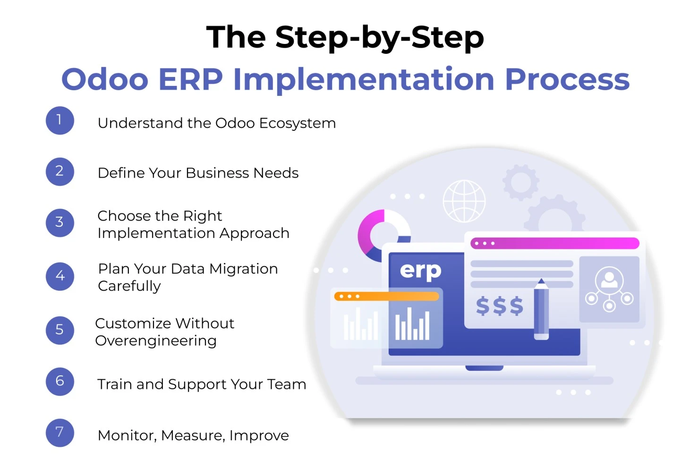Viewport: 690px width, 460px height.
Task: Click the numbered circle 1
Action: tap(60, 120)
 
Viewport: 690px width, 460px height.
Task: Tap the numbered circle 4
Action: tap(60, 276)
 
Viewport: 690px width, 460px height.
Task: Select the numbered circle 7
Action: tap(60, 432)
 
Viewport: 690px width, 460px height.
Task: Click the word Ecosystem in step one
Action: tap(297, 123)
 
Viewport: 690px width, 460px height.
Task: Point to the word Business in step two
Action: tap(217, 173)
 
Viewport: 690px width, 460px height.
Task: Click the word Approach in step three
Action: tap(254, 233)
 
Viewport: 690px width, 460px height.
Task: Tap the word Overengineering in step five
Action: tap(156, 341)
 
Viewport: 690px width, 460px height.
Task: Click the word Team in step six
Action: tap(287, 384)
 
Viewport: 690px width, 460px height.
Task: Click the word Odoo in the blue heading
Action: tap(105, 79)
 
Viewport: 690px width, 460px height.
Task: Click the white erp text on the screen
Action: tap(420, 271)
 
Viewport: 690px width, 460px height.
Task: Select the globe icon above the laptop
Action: tap(464, 201)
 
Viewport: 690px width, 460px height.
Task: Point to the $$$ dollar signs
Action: tap(499, 306)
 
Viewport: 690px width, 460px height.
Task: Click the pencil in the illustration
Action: tap(541, 309)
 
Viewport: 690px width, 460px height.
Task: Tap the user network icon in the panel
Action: tap(609, 289)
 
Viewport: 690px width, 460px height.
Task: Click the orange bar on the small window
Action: tap(386, 297)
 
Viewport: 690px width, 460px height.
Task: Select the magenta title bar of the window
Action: tap(554, 243)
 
